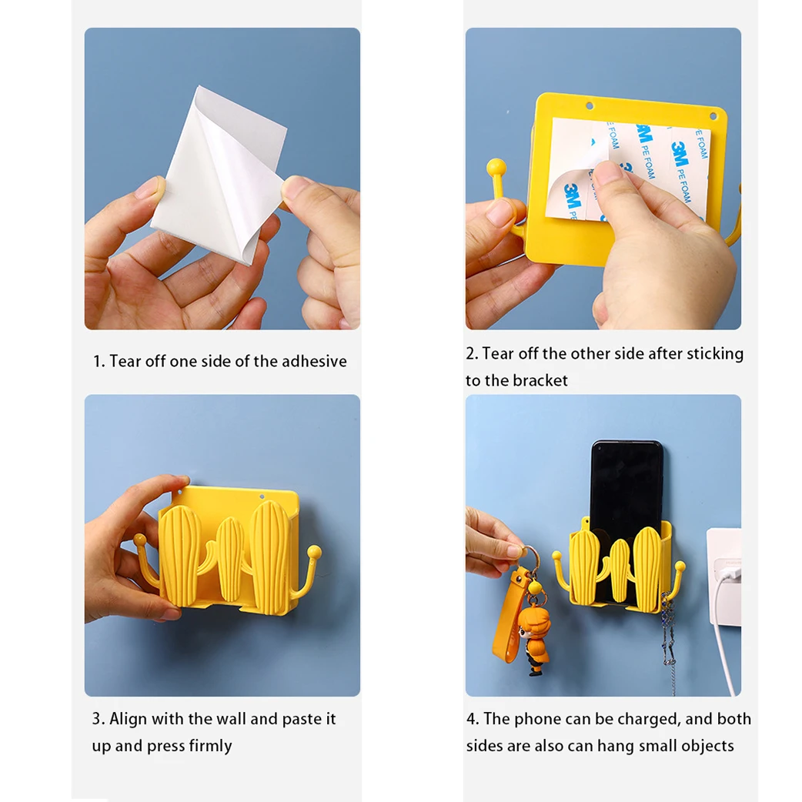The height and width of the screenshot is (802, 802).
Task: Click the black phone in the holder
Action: tap(626, 491)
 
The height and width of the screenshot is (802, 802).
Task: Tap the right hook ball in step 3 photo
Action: tap(315, 553)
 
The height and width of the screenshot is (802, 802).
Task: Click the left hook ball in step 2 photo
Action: tap(496, 167)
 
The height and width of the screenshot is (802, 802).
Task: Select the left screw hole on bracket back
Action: tap(590, 106)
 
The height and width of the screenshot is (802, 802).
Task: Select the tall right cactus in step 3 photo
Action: tap(272, 556)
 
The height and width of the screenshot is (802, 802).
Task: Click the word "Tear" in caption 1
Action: tap(125, 361)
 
